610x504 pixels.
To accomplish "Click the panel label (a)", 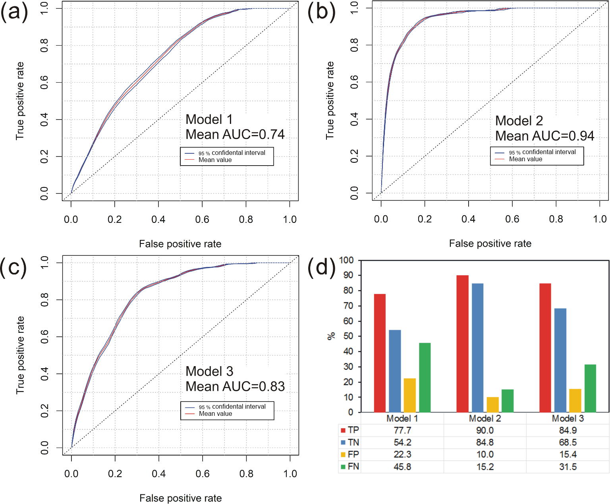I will click(x=14, y=12).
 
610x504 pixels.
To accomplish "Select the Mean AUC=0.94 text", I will click(x=544, y=136).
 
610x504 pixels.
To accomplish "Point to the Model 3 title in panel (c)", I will click(x=209, y=371).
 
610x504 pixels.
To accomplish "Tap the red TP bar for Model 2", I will click(x=463, y=344).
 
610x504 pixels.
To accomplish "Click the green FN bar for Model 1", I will click(x=425, y=377).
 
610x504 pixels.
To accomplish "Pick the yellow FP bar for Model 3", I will click(x=575, y=400).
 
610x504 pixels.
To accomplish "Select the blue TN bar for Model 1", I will click(x=395, y=371).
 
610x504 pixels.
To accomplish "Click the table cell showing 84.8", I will click(x=485, y=442).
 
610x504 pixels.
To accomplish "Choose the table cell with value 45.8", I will click(x=402, y=467).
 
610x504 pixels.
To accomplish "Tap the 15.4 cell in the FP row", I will click(x=568, y=454).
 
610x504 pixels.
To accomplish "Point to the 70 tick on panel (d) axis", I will click(x=348, y=306).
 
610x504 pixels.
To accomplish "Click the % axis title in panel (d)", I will click(x=331, y=336).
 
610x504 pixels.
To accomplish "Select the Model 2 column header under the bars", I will click(x=485, y=419).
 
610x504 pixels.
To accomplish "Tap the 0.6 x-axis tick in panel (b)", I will click(x=512, y=219).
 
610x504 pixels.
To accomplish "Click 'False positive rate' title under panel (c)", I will click(x=181, y=498).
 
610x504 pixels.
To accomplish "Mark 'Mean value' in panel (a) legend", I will click(x=215, y=160).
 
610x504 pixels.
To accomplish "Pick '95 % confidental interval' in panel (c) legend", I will click(x=232, y=407).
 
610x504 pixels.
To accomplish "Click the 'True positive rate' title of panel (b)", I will click(x=330, y=100).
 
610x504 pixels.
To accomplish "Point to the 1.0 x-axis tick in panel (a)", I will click(x=290, y=220).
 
